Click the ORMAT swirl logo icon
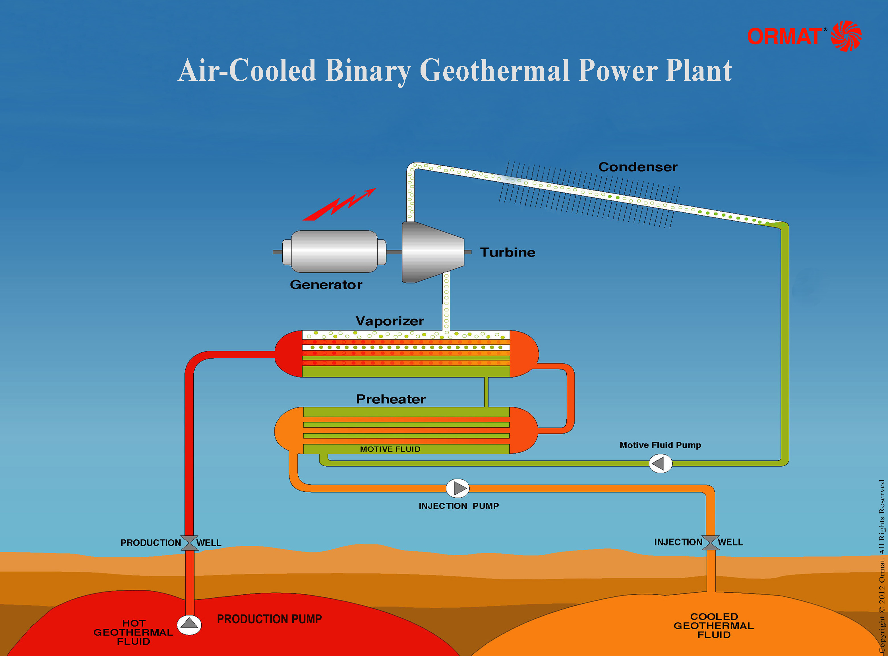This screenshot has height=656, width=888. (846, 36)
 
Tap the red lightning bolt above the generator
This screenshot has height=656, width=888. (339, 204)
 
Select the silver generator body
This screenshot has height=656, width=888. (334, 251)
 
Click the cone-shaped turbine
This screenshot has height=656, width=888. (433, 252)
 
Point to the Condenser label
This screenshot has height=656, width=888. (638, 167)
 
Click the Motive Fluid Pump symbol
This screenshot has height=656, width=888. (661, 463)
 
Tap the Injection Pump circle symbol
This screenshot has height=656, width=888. (458, 488)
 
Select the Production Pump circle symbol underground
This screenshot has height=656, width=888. (189, 625)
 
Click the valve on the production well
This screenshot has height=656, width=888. (189, 543)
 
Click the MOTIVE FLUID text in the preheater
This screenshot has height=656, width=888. (390, 449)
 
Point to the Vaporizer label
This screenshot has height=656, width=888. (390, 321)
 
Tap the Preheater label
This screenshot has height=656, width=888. (391, 399)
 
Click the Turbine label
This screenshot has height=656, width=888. (508, 252)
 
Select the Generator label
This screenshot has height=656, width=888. (326, 284)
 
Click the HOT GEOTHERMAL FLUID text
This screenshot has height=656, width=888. (133, 632)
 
